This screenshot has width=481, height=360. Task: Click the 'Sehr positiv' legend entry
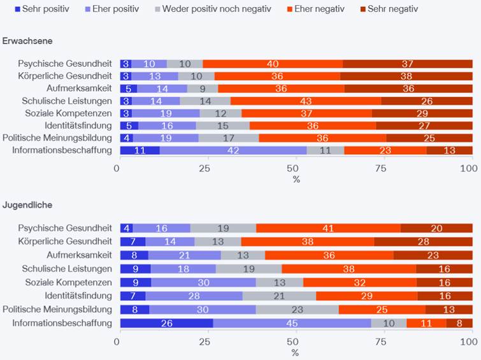(39, 9)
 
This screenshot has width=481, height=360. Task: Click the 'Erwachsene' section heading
(27, 41)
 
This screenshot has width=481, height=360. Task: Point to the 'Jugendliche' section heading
(26, 205)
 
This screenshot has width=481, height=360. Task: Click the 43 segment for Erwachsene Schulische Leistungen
(305, 101)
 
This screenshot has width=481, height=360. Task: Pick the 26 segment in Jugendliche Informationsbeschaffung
(166, 324)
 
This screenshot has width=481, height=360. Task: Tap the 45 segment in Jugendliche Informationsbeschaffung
(292, 324)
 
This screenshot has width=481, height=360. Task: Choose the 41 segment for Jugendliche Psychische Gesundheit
(328, 228)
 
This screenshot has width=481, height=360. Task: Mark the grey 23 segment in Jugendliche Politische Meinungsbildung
(297, 310)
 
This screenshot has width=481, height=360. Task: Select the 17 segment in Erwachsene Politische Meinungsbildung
(229, 138)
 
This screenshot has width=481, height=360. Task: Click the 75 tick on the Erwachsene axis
(380, 168)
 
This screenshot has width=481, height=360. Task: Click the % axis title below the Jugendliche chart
(295, 352)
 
